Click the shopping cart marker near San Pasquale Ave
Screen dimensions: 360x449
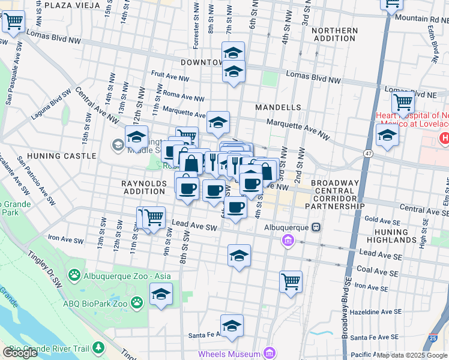(13, 22)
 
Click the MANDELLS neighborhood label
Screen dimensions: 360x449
(278, 107)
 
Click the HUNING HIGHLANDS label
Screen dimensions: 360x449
(391, 236)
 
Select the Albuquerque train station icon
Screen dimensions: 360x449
(315, 227)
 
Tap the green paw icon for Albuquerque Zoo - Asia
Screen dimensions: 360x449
(74, 276)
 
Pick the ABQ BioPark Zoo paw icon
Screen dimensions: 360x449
(137, 303)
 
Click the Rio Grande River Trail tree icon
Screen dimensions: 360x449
(98, 349)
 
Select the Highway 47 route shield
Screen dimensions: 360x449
(367, 154)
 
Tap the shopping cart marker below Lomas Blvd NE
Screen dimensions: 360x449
(403, 102)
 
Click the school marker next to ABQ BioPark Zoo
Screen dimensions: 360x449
(161, 294)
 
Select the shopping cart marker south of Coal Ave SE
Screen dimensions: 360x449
(291, 281)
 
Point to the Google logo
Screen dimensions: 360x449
(20, 353)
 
